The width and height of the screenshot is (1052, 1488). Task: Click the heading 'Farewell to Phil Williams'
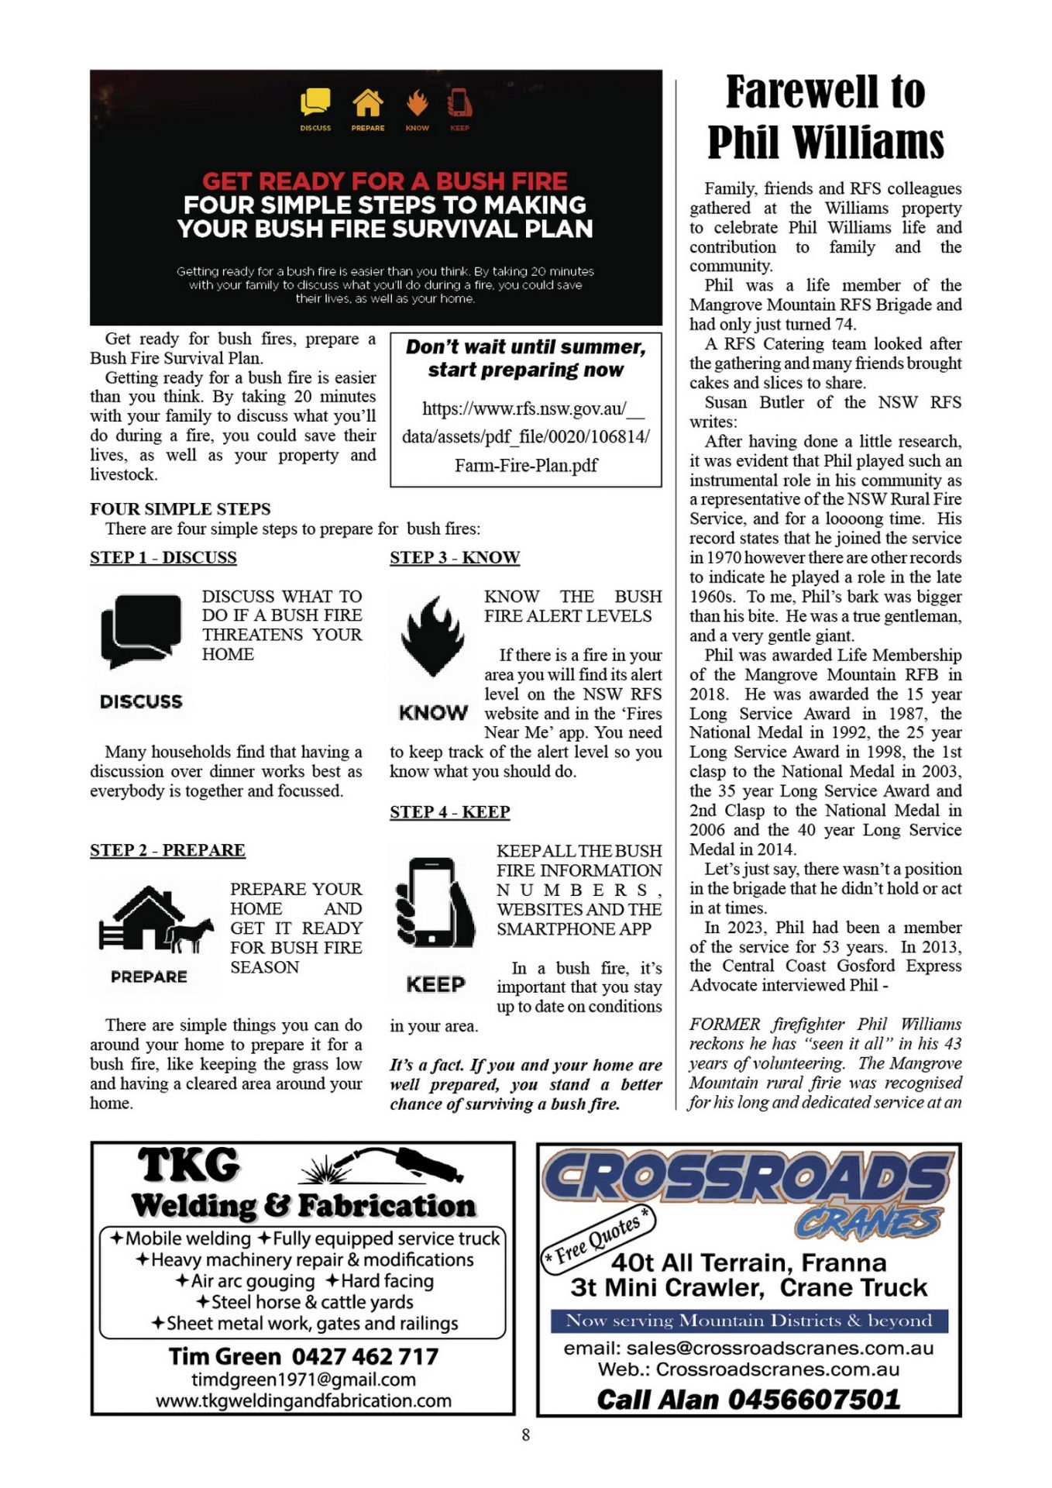[x=825, y=116]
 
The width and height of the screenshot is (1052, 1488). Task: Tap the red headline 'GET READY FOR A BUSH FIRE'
[x=385, y=181]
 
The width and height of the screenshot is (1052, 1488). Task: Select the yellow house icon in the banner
[x=368, y=102]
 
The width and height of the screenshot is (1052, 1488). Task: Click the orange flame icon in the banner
[x=418, y=102]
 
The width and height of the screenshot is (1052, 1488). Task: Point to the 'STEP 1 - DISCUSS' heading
[x=163, y=557]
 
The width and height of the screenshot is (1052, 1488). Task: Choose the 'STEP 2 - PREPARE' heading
[x=167, y=850]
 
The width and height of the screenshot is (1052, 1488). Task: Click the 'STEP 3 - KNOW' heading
[x=455, y=557]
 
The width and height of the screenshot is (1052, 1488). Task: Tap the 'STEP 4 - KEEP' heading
[x=450, y=811]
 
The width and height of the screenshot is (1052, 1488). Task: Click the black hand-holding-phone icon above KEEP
[x=434, y=903]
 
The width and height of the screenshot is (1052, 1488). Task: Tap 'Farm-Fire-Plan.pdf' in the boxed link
[x=526, y=465]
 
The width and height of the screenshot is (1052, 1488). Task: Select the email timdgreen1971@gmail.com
[x=304, y=1379]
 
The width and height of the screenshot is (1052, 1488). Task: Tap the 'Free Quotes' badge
[x=598, y=1236]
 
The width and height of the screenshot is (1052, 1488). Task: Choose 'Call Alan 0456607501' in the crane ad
[x=748, y=1399]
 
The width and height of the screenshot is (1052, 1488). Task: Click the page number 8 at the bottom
[x=526, y=1435]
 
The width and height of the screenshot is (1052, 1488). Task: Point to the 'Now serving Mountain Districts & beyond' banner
[x=749, y=1321]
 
